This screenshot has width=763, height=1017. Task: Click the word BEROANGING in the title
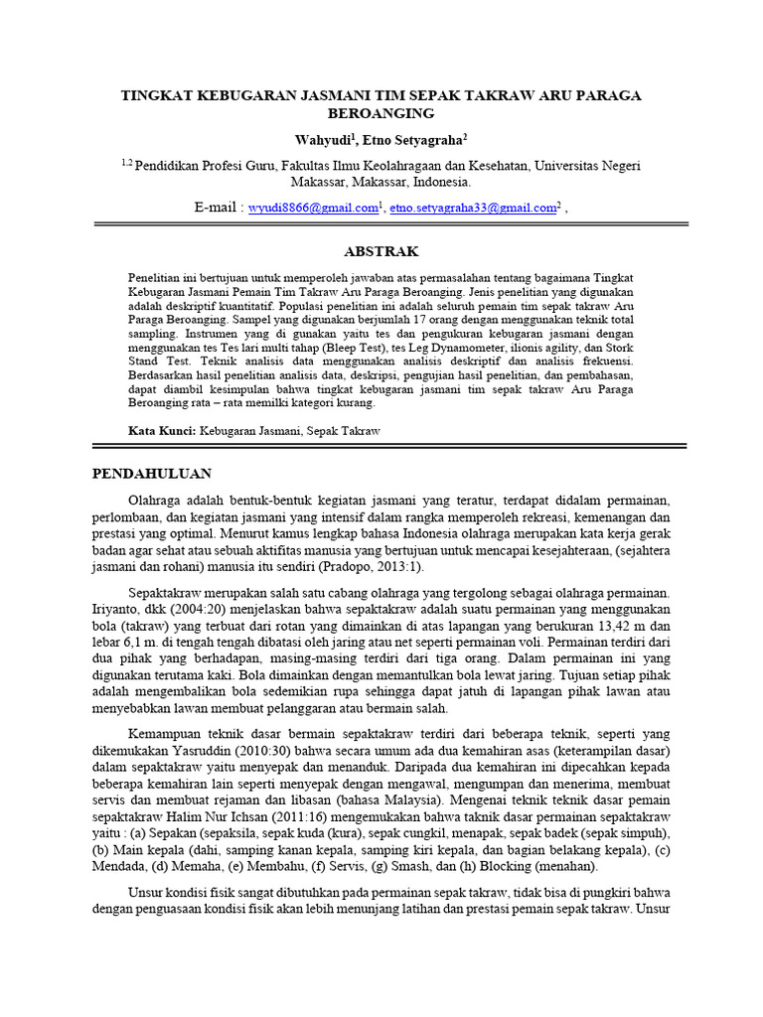[381, 114]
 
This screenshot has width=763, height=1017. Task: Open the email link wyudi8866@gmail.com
[312, 208]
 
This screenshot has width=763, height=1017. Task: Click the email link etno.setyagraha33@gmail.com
[472, 208]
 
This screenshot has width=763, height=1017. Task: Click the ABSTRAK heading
[381, 251]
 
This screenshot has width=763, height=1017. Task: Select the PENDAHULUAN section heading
[152, 473]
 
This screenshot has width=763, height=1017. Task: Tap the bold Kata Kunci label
[162, 431]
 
